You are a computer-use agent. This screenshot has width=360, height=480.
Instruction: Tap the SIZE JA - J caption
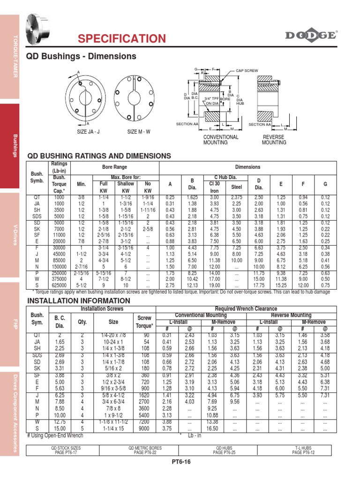point(89,132)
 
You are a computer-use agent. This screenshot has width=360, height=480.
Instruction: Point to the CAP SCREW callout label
point(247,70)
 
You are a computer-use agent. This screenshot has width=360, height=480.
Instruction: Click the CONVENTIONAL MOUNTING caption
point(220,140)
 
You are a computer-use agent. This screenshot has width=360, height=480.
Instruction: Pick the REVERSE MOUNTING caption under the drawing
point(274,140)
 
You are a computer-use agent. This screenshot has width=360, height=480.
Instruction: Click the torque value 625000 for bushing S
point(59,285)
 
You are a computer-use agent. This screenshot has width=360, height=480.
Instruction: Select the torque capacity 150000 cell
point(59,266)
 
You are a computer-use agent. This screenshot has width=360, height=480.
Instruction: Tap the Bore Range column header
point(114,167)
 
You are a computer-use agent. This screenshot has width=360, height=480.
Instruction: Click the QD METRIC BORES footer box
point(141,450)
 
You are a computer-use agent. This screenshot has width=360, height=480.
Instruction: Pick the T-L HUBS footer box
point(303,450)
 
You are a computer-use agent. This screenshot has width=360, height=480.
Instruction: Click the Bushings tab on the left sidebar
point(15,145)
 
